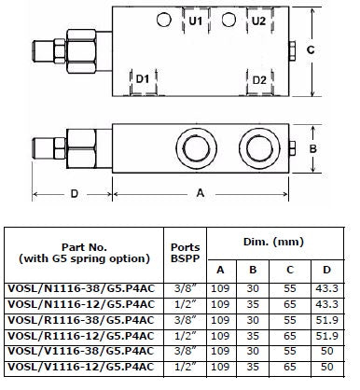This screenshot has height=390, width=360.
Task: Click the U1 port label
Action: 196,21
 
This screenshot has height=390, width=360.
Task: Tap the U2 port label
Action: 258,21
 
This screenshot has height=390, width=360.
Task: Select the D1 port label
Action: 143,78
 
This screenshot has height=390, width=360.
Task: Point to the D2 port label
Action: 259,80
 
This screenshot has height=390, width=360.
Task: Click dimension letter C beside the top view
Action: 311,49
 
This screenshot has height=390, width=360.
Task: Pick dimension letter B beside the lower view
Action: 312,148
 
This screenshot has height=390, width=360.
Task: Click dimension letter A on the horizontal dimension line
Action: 201,193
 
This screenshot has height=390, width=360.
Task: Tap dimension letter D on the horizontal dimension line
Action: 75,194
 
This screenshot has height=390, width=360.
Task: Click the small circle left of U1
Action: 164,20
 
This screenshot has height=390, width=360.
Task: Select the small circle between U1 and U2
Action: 228,20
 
